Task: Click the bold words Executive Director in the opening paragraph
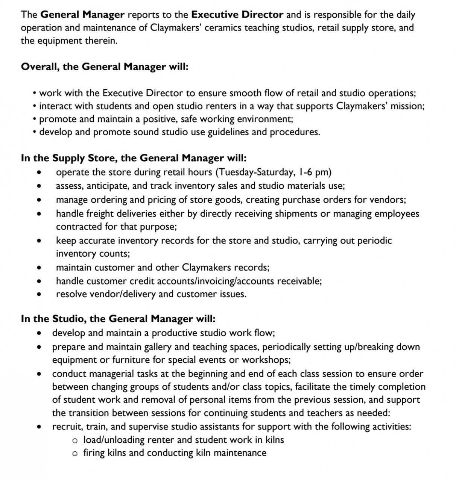(237, 15)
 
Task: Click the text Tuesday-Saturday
(254, 172)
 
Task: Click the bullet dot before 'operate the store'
(39, 173)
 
